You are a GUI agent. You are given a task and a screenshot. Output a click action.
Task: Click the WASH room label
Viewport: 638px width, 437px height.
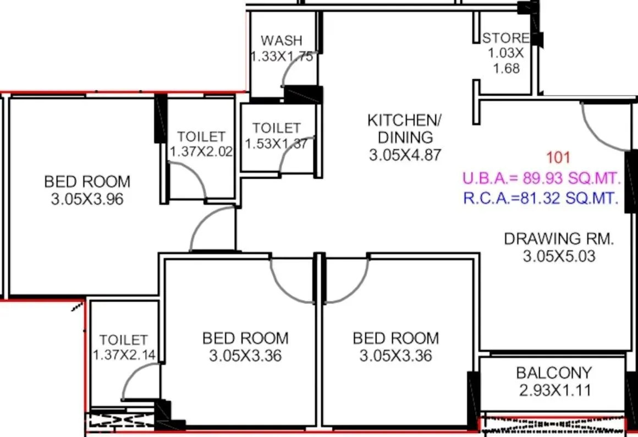coord(281,40)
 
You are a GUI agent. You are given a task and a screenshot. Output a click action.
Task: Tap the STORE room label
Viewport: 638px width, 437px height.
coord(505,38)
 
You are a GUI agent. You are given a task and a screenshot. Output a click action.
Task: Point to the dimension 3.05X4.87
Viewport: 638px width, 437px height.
coord(405,155)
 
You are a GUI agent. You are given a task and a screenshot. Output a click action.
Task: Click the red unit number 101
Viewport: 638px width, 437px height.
coord(559,158)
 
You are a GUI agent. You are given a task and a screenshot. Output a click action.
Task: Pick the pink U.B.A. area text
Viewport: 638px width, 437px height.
coord(542,178)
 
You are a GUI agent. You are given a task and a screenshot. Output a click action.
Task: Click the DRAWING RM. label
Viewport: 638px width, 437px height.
coord(558,239)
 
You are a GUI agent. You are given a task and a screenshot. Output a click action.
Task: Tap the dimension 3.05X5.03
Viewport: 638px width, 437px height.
coord(558,256)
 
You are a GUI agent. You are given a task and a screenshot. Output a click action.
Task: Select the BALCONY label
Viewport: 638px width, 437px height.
coord(554,373)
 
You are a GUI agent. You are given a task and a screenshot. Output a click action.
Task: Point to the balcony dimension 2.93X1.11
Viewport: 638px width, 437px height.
coord(554,391)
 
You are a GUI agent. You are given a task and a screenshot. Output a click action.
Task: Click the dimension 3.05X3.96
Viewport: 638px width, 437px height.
coord(87,199)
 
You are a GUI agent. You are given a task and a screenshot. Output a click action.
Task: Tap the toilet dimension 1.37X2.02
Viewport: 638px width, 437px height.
coord(201,152)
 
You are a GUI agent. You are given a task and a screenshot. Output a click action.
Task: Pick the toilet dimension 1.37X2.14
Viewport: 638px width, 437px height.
coord(123,356)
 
